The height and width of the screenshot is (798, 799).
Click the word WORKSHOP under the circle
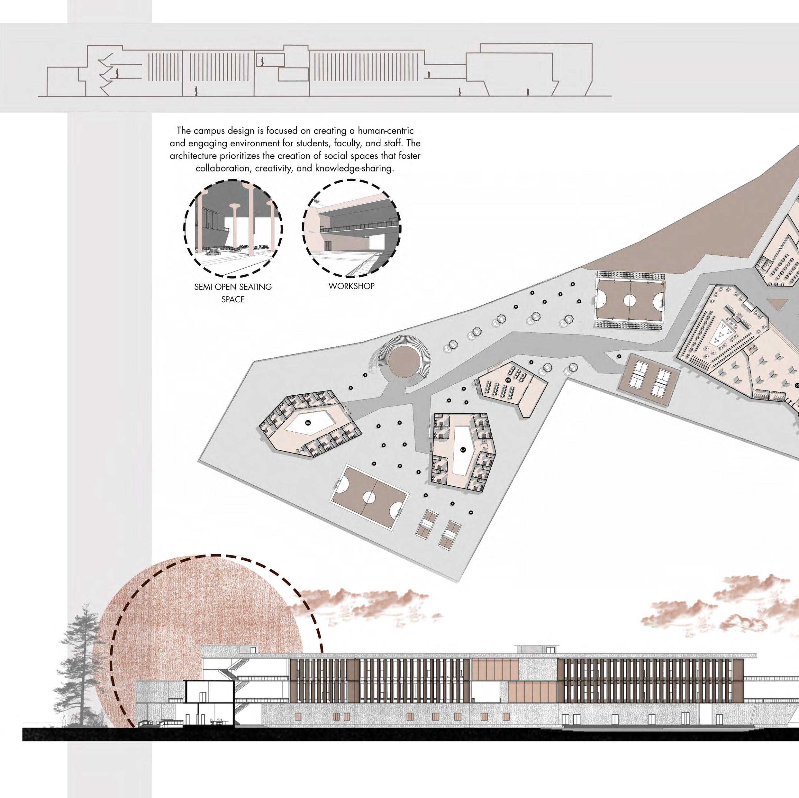pyautogui.click(x=351, y=286)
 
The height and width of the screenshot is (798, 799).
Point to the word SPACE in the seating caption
pyautogui.click(x=233, y=299)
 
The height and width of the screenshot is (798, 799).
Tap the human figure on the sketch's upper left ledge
pyautogui.click(x=117, y=74)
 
